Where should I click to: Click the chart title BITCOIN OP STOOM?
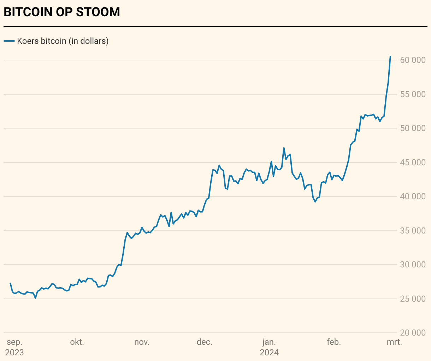click(62, 12)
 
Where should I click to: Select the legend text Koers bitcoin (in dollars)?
click(63, 41)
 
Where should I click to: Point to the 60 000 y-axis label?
click(413, 60)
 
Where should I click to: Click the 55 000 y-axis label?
click(413, 94)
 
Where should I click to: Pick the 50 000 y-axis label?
click(413, 128)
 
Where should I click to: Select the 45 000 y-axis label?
click(413, 162)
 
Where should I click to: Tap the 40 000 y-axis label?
click(413, 196)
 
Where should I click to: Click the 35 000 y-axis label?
click(413, 231)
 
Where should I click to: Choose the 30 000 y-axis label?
click(413, 265)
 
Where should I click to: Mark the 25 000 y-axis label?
click(413, 299)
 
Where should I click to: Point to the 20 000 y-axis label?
click(413, 333)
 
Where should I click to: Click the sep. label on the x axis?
click(14, 342)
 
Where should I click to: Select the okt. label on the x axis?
click(77, 342)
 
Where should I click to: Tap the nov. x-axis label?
click(142, 342)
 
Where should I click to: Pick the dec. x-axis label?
click(204, 342)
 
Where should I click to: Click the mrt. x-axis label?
click(394, 342)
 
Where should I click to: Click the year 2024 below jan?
click(269, 353)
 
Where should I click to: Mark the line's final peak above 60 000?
click(390, 57)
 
